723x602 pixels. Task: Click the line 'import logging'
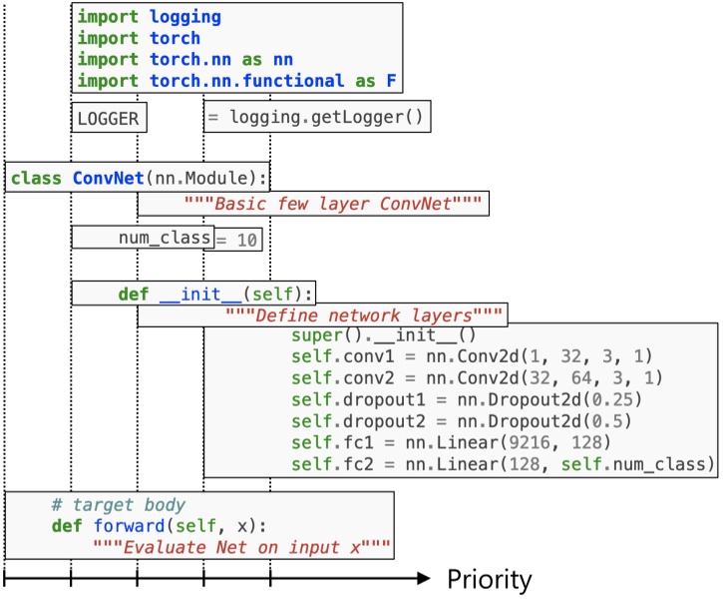(150, 17)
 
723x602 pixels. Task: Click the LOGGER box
(108, 119)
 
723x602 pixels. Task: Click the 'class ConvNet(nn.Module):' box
(138, 180)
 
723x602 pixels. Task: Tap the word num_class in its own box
(164, 238)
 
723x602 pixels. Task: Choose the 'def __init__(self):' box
(215, 295)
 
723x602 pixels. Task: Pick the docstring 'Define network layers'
(363, 315)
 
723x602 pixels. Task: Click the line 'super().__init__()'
(384, 336)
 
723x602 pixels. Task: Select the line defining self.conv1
(459, 356)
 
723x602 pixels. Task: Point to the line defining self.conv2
(463, 378)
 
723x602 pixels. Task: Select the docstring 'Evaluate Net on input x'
(239, 548)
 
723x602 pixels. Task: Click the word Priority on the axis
(489, 580)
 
